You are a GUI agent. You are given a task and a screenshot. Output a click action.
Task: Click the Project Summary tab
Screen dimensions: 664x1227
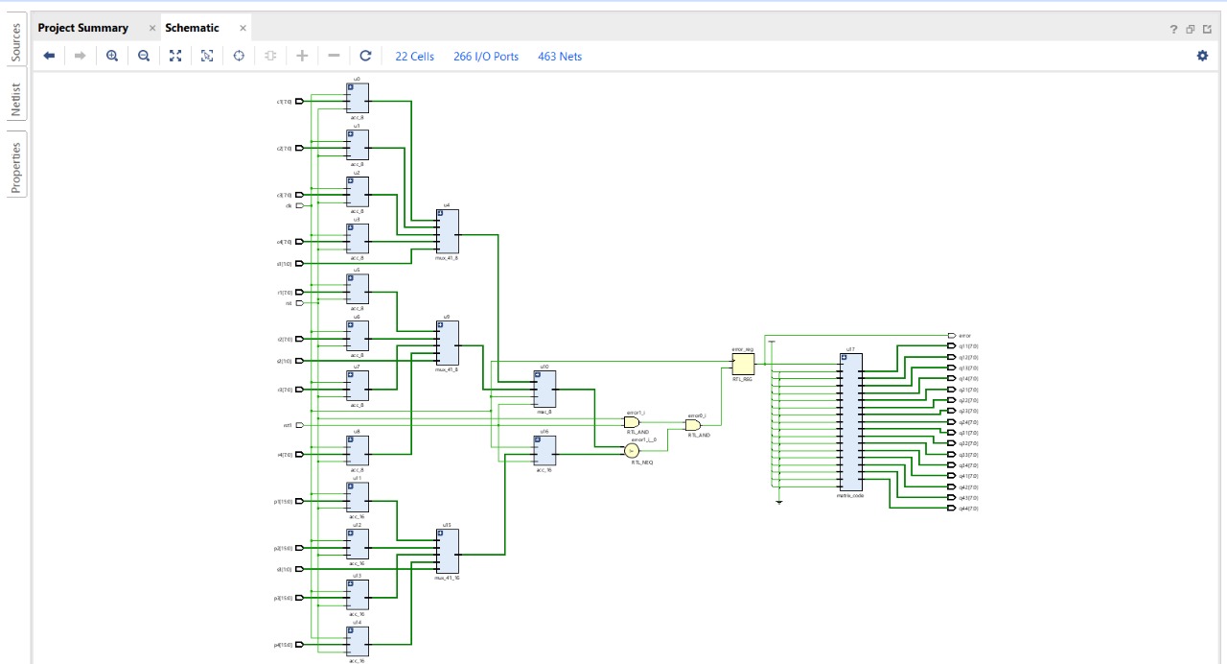click(x=82, y=28)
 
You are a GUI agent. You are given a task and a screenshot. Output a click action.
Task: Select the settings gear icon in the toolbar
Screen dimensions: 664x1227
click(x=1202, y=56)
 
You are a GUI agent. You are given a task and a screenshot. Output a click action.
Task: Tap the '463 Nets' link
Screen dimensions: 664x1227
click(x=560, y=57)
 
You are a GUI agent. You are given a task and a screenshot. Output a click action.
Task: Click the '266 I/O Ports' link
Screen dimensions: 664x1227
click(x=486, y=57)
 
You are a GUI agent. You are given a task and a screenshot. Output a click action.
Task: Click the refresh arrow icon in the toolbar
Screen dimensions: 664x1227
click(x=365, y=56)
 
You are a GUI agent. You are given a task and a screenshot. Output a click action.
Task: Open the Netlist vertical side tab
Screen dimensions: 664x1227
click(x=15, y=99)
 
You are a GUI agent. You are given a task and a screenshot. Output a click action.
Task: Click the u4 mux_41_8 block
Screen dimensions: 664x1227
click(x=447, y=232)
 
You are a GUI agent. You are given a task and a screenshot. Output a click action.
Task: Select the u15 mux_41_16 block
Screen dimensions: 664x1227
click(x=447, y=551)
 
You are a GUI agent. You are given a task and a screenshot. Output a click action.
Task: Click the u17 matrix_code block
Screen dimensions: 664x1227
click(x=850, y=421)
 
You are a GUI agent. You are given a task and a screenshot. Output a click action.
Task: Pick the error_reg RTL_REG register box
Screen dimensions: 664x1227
click(x=743, y=365)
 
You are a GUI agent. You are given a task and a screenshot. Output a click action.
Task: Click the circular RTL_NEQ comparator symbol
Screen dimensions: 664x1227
click(x=632, y=451)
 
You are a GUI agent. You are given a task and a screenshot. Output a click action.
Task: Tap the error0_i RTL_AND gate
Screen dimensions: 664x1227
click(x=692, y=425)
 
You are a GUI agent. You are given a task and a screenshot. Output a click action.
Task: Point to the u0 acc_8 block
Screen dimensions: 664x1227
click(x=358, y=97)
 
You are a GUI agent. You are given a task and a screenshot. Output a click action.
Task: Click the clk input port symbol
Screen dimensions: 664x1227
click(x=299, y=205)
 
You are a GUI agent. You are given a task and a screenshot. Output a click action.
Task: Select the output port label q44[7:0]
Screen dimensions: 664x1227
click(x=968, y=509)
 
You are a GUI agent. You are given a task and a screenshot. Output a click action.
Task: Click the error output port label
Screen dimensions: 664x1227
click(x=964, y=336)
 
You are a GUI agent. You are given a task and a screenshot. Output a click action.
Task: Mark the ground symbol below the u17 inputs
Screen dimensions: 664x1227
click(x=779, y=501)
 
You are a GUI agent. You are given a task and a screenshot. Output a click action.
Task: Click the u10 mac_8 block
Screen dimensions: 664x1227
click(x=544, y=389)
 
